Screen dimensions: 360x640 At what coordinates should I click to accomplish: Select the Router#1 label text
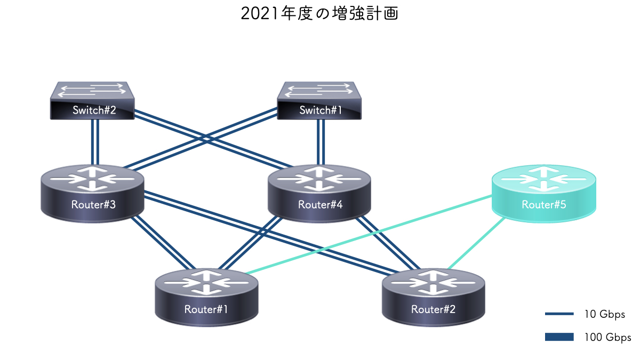pyautogui.click(x=206, y=309)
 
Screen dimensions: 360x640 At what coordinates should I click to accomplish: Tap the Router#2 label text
pyautogui.click(x=433, y=309)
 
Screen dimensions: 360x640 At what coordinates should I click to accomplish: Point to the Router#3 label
pyautogui.click(x=93, y=205)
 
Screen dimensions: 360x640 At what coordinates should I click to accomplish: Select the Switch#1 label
pyautogui.click(x=321, y=110)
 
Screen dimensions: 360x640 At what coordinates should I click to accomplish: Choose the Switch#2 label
pyautogui.click(x=94, y=110)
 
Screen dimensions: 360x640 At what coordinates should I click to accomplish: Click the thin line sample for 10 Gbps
pyautogui.click(x=559, y=314)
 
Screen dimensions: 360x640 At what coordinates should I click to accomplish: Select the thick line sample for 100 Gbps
pyautogui.click(x=559, y=337)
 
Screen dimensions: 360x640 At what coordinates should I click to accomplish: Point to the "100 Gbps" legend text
pyautogui.click(x=607, y=337)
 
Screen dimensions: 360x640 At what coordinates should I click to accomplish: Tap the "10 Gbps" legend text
pyautogui.click(x=604, y=314)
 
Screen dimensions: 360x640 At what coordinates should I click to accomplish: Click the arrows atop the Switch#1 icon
pyautogui.click(x=319, y=90)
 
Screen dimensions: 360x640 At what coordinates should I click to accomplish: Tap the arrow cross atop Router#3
pyautogui.click(x=93, y=178)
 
